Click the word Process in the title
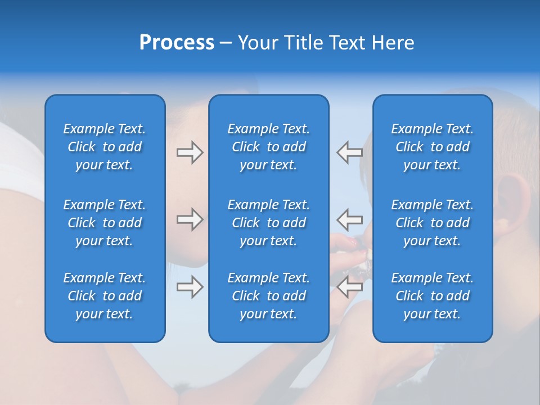point(177,43)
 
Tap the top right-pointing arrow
point(190,152)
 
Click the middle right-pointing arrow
point(190,219)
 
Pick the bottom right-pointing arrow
point(190,287)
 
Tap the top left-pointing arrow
point(349,152)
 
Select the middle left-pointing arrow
point(349,219)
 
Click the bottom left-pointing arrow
point(349,287)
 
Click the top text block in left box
point(105,147)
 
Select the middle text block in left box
point(105,223)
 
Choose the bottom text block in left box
point(105,296)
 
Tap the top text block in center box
point(268,147)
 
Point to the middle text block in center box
point(268,223)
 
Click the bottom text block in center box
point(268,296)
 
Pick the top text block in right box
point(432,147)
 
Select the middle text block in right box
point(432,223)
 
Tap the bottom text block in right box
point(432,296)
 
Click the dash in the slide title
point(226,43)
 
